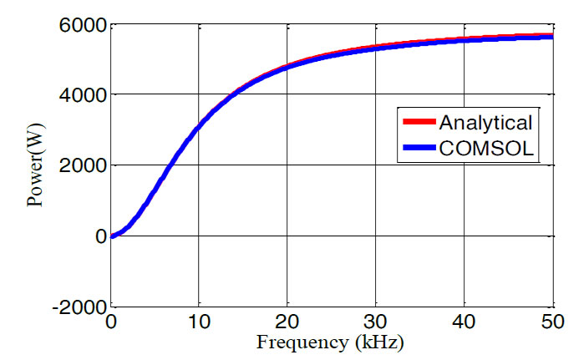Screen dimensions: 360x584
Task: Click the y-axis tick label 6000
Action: [84, 24]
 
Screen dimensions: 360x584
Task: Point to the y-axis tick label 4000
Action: [84, 94]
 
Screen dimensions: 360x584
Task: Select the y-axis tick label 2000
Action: [84, 165]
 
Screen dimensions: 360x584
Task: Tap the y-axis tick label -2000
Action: [79, 306]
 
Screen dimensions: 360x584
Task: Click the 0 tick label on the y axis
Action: [100, 236]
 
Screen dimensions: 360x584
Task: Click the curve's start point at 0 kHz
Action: [111, 236]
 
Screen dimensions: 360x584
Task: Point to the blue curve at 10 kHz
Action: [199, 129]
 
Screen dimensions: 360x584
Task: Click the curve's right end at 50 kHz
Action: [552, 37]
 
